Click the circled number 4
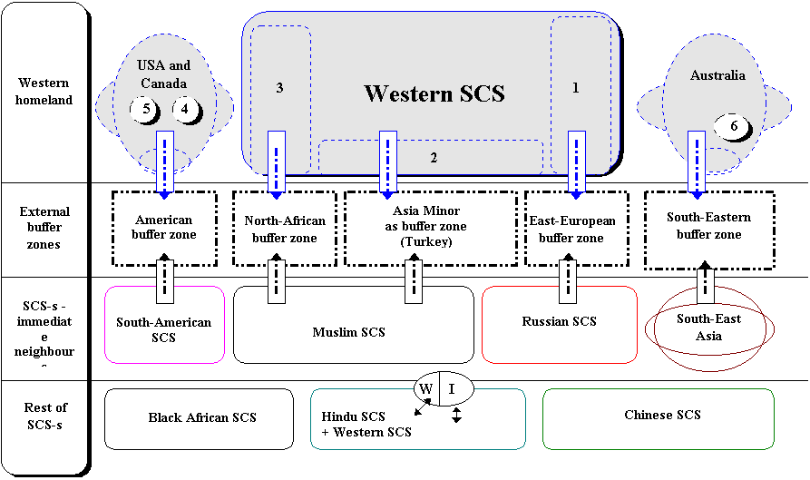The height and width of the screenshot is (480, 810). click(x=186, y=109)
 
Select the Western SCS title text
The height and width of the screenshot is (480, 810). click(x=434, y=93)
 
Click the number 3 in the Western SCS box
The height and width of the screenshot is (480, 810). click(x=280, y=88)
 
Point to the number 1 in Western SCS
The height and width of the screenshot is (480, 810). click(x=574, y=88)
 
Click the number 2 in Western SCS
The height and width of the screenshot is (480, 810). click(x=434, y=158)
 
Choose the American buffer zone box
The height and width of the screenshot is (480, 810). click(x=164, y=228)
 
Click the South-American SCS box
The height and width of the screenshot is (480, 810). click(x=164, y=328)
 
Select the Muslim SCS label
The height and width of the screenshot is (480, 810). click(x=348, y=332)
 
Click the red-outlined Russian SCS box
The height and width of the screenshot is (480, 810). click(x=559, y=322)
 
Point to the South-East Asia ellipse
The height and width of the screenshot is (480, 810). click(x=708, y=328)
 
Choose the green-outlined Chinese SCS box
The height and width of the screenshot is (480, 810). click(x=662, y=415)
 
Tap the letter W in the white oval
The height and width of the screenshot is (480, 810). click(x=425, y=389)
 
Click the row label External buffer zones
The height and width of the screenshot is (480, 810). click(x=44, y=228)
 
